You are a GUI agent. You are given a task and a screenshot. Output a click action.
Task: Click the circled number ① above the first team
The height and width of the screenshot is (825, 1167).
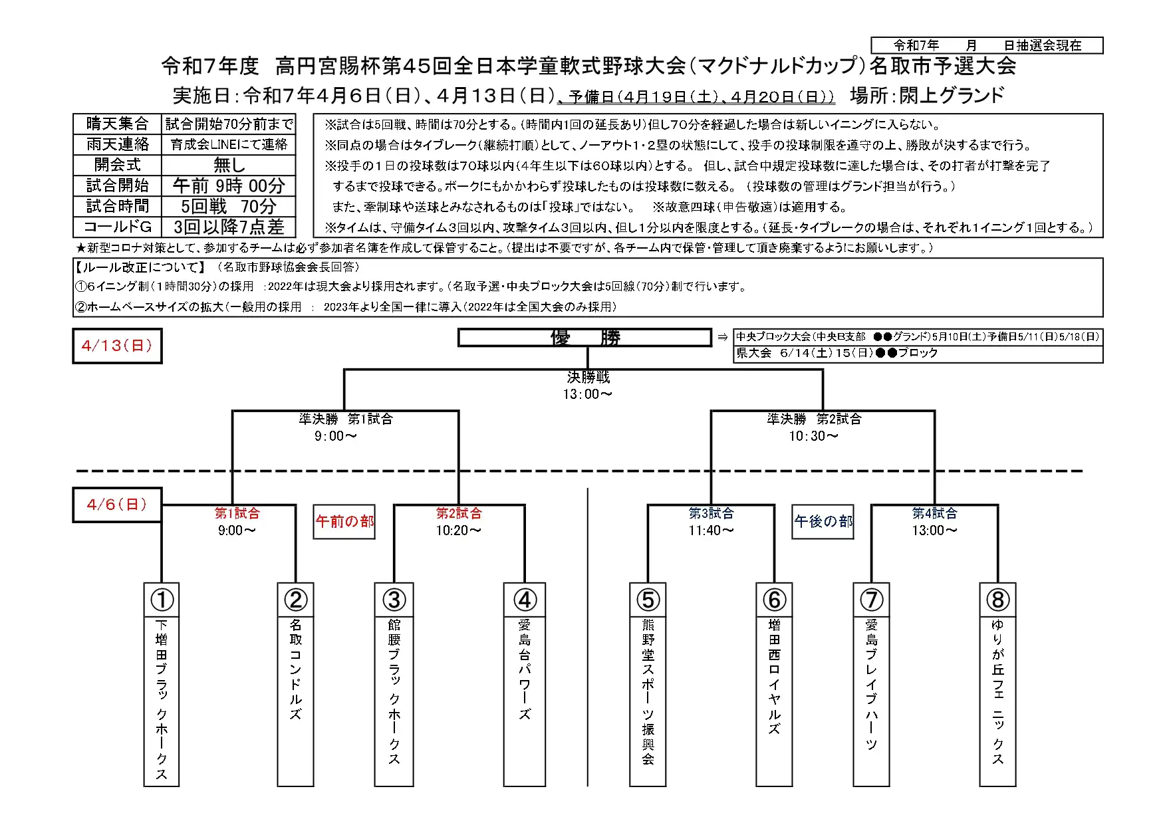click(x=162, y=600)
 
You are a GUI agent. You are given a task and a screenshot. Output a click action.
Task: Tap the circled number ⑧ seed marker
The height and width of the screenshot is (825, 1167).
click(x=997, y=600)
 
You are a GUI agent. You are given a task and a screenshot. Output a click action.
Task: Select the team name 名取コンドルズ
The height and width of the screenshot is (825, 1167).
click(x=296, y=669)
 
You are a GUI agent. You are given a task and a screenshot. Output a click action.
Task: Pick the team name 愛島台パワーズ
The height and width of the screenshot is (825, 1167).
click(x=525, y=669)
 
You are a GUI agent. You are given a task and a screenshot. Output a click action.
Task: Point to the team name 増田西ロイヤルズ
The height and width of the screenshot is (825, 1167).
click(x=774, y=677)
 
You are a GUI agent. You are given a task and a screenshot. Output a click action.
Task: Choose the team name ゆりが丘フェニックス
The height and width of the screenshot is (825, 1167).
click(x=997, y=691)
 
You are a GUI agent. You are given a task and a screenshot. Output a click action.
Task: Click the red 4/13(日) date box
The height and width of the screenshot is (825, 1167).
click(x=117, y=346)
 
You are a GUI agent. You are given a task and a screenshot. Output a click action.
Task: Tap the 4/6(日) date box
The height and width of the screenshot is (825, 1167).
click(x=117, y=505)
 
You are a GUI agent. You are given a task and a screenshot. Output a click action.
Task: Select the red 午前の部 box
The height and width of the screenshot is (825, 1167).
click(x=344, y=522)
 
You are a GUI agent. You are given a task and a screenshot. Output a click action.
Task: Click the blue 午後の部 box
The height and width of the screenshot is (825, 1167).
click(x=823, y=522)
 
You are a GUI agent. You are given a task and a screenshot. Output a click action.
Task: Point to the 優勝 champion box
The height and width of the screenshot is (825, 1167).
click(x=585, y=338)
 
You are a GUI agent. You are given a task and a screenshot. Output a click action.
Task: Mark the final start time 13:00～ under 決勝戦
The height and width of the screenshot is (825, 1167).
click(x=588, y=394)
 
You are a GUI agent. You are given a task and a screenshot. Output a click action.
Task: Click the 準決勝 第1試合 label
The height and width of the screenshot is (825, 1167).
click(x=346, y=419)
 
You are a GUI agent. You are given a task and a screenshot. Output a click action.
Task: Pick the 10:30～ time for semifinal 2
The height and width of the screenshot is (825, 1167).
click(x=814, y=436)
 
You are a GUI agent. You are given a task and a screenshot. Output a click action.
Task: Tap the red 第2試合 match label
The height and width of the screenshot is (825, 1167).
click(x=459, y=513)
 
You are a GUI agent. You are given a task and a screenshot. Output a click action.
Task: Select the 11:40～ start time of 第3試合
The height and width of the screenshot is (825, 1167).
click(x=712, y=530)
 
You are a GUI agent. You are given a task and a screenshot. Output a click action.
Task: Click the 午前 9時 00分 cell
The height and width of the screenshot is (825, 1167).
click(x=229, y=185)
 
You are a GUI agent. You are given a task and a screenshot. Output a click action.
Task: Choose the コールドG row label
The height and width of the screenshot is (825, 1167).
click(x=118, y=227)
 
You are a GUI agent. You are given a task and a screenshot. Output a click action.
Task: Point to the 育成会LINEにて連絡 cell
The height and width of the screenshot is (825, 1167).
click(x=229, y=144)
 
